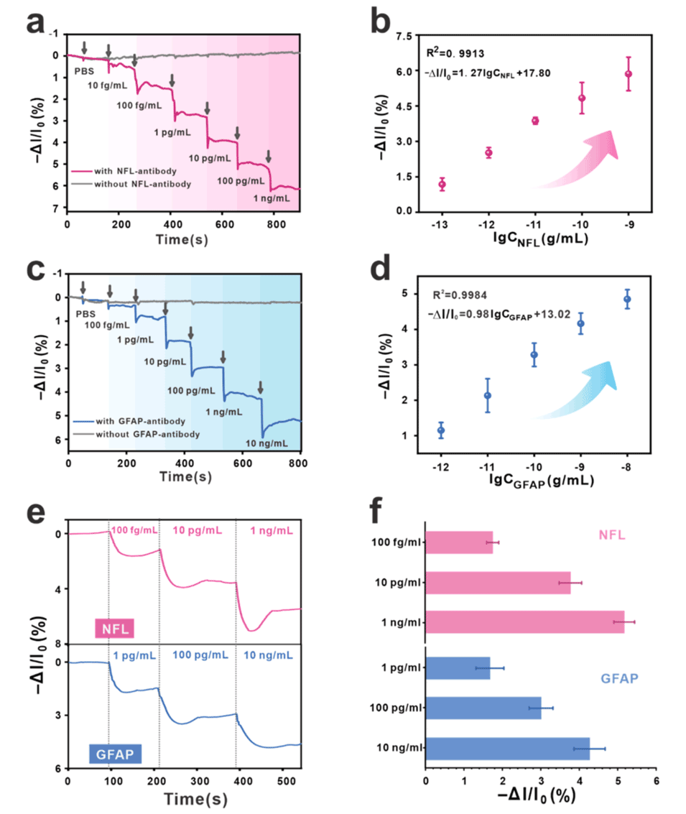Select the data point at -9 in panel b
(629, 74)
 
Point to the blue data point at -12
(441, 430)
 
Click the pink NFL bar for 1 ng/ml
(525, 621)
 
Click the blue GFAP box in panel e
(116, 754)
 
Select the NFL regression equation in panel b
(488, 73)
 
